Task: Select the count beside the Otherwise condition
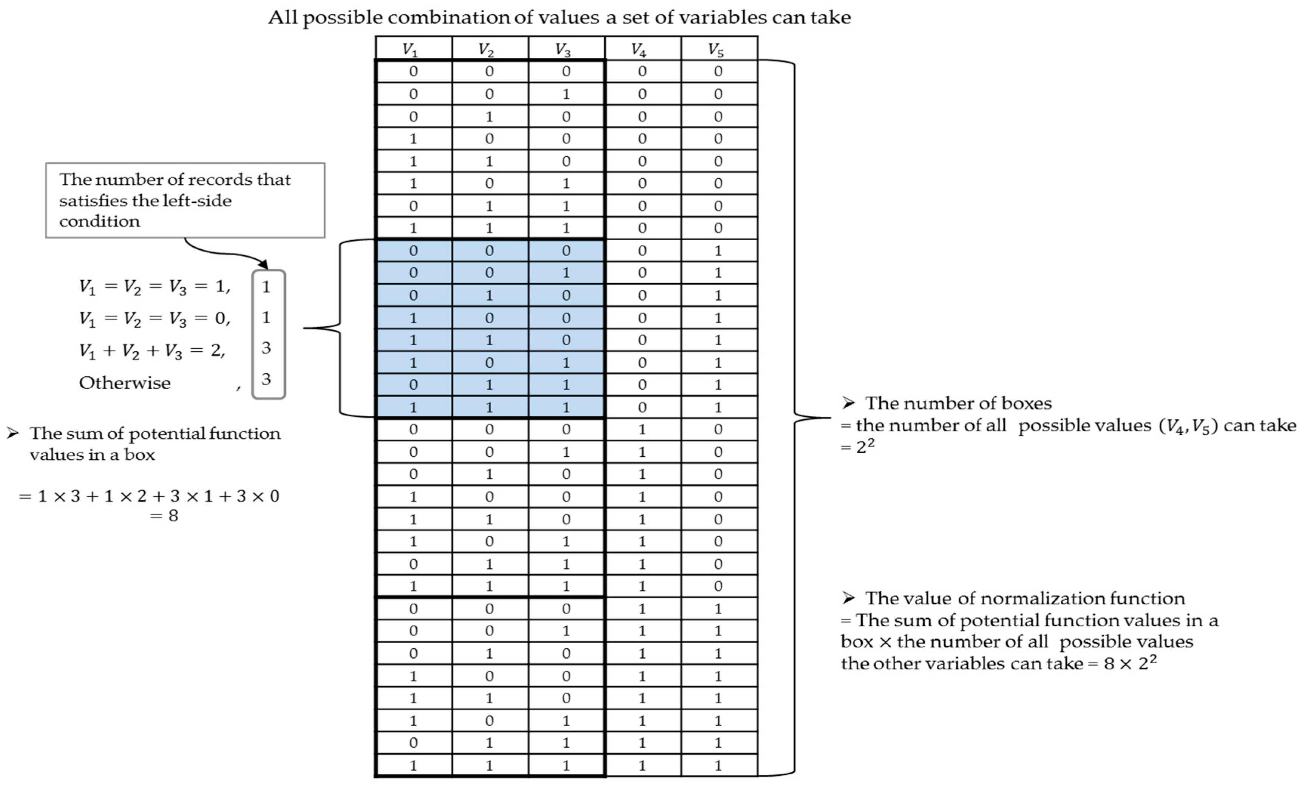267,379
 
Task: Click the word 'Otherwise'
125,383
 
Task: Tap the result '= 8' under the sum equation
164,516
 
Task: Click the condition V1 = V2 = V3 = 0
154,318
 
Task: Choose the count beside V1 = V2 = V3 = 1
267,287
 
